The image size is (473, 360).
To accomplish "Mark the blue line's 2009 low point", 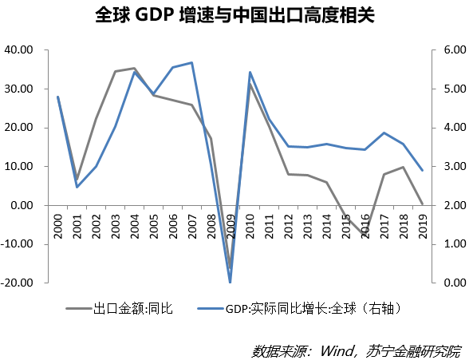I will [231, 282].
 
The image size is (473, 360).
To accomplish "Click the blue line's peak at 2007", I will [192, 62].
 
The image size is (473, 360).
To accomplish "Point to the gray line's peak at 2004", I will [135, 69].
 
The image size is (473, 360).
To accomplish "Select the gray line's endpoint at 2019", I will [422, 204].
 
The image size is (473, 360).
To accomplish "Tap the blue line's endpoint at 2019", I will [422, 170].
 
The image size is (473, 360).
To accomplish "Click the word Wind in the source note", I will [338, 349].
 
